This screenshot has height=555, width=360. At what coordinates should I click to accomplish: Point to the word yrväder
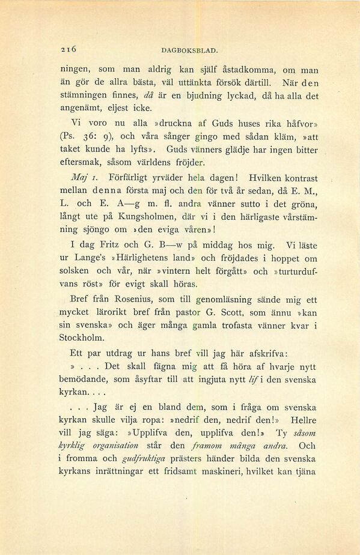click(x=180, y=178)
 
